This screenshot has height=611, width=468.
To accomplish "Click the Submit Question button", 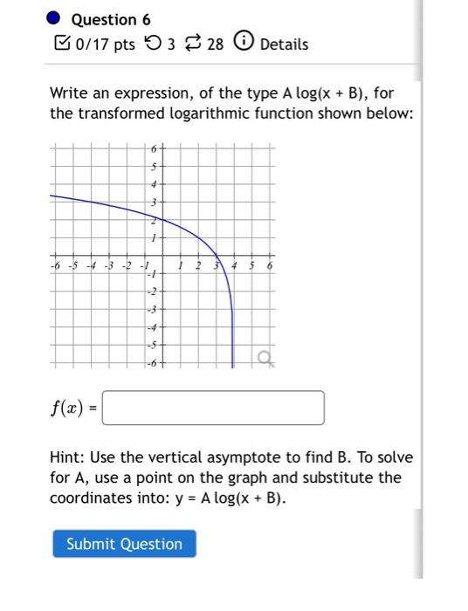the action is [124, 544].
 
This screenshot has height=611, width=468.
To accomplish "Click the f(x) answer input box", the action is [213, 408].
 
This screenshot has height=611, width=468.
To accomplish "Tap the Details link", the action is [284, 44].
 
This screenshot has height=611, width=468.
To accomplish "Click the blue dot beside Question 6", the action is [54, 18].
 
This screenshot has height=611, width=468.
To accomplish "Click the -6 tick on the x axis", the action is [54, 265].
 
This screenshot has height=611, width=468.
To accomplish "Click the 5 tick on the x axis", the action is [251, 265].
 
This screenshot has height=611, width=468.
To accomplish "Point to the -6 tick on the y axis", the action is [152, 362].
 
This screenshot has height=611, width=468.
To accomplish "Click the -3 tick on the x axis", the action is [108, 265].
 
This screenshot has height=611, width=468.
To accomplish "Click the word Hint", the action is [68, 457].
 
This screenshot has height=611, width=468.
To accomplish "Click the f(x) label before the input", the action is [68, 408].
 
